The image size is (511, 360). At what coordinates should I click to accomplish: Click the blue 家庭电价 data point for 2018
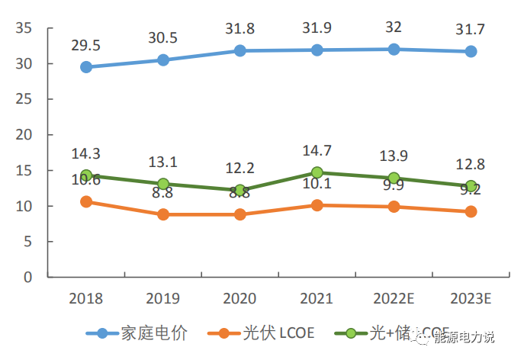tap(86, 67)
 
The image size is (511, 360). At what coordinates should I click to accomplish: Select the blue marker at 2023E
tap(471, 51)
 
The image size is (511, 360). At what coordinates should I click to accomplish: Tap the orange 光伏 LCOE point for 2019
tap(163, 214)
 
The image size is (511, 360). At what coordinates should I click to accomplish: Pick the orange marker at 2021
tap(317, 205)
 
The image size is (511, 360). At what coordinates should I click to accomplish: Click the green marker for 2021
tap(317, 172)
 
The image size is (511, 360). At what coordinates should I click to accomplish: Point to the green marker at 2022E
tap(394, 178)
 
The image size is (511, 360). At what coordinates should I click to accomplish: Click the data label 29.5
tap(86, 44)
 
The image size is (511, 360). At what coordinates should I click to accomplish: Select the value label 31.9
tap(317, 27)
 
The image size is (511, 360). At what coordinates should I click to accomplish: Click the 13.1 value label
tap(163, 161)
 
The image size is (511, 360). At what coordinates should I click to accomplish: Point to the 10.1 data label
tap(317, 184)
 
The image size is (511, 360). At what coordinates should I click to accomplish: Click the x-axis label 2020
tap(239, 297)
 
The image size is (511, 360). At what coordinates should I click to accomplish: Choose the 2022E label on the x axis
tap(394, 297)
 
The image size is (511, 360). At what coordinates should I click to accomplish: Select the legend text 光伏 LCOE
tap(277, 333)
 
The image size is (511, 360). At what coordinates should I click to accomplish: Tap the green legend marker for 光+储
tap(351, 333)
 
